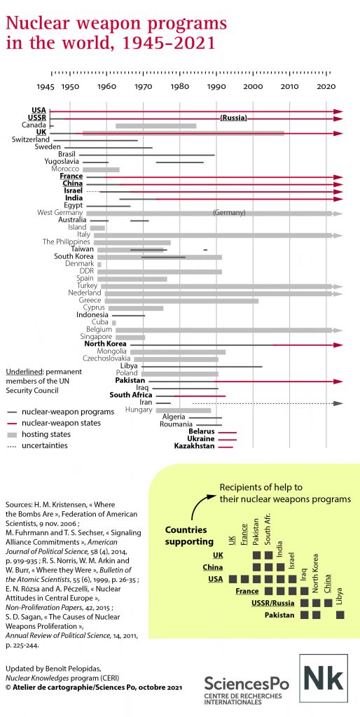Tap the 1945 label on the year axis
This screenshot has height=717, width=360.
[x=46, y=86]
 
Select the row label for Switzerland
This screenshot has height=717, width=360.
[x=31, y=139]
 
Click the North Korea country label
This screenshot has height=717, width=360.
[x=106, y=344]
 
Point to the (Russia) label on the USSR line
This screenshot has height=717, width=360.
[x=234, y=118]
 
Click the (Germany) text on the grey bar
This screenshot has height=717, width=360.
[x=230, y=213]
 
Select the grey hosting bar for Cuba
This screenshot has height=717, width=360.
[x=114, y=323]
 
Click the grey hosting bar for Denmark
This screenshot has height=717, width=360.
[x=99, y=264]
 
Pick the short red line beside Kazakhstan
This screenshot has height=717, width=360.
[x=226, y=447]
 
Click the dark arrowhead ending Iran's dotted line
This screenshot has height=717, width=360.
[x=338, y=403]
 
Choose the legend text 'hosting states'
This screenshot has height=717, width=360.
[x=43, y=434]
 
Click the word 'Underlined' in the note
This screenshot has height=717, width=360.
[x=22, y=371]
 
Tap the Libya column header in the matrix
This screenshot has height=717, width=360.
[x=340, y=596]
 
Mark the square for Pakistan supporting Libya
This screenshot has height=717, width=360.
[x=340, y=615]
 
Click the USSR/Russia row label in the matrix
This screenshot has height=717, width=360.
[x=273, y=603]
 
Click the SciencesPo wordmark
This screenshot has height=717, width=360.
[x=247, y=683]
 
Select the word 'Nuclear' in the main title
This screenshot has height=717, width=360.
[x=38, y=23]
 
